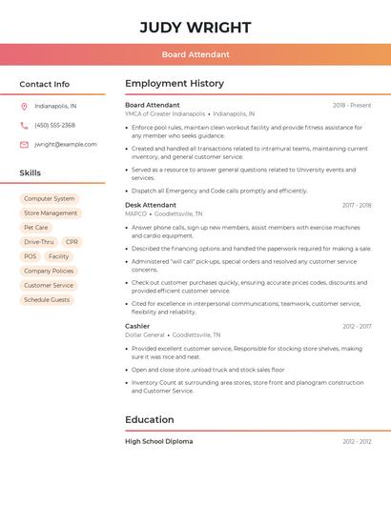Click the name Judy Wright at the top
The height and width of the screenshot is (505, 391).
pyautogui.click(x=195, y=27)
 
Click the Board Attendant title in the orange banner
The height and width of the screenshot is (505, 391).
pyautogui.click(x=195, y=55)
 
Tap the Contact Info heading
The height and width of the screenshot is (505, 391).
pyautogui.click(x=44, y=84)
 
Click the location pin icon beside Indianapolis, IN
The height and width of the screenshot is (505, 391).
pyautogui.click(x=24, y=106)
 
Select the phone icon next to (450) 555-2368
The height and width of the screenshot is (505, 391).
pyautogui.click(x=24, y=125)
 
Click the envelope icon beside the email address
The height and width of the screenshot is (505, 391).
pyautogui.click(x=24, y=144)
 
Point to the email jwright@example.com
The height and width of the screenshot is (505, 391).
pyautogui.click(x=65, y=144)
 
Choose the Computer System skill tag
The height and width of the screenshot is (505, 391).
pyautogui.click(x=50, y=199)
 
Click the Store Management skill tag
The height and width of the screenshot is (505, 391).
pyautogui.click(x=51, y=213)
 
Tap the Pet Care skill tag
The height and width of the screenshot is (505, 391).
pyautogui.click(x=36, y=228)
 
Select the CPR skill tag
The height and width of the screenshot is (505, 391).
pyautogui.click(x=72, y=242)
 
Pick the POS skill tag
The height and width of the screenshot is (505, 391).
pyautogui.click(x=31, y=256)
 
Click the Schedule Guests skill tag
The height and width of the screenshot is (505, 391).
pyautogui.click(x=47, y=299)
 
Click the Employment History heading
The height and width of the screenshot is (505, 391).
pyautogui.click(x=175, y=84)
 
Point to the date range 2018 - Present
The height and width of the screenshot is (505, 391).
pyautogui.click(x=352, y=105)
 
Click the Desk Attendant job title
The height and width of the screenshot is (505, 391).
pyautogui.click(x=151, y=205)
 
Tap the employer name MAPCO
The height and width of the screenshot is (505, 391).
pyautogui.click(x=135, y=214)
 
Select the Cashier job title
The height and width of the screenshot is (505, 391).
pyautogui.click(x=137, y=326)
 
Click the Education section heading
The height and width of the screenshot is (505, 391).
pyautogui.click(x=150, y=419)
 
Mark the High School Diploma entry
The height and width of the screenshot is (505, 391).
pyautogui.click(x=158, y=441)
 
